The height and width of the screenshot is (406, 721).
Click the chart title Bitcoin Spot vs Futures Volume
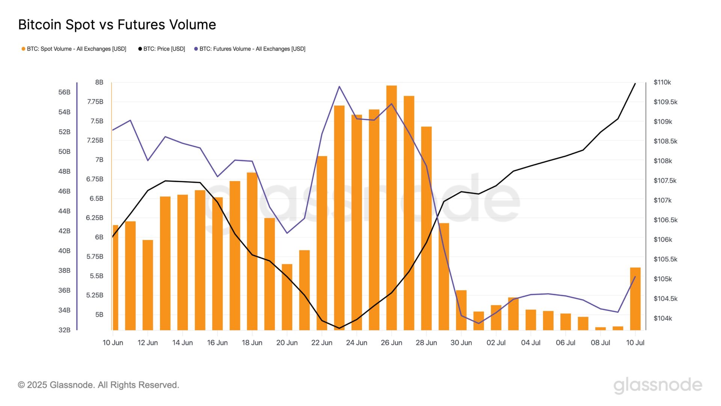click(x=117, y=25)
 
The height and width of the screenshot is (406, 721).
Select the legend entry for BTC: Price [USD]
click(x=162, y=49)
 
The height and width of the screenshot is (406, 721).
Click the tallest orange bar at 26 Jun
click(x=391, y=207)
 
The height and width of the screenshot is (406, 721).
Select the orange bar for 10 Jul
click(x=635, y=299)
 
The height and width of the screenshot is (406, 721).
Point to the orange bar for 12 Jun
click(x=148, y=285)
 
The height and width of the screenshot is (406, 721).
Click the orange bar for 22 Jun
click(x=322, y=243)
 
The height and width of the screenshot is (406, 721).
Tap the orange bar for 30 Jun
click(x=461, y=310)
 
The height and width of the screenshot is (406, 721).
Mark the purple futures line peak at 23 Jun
click(x=339, y=86)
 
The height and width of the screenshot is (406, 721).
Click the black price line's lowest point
click(x=339, y=328)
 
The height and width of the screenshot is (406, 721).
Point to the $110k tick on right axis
click(x=662, y=82)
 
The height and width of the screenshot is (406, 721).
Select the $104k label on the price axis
click(x=662, y=318)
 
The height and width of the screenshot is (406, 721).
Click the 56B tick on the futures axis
click(x=64, y=92)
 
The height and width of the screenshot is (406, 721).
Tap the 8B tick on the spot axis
click(x=99, y=82)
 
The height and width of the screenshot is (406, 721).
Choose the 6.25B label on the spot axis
click(x=94, y=218)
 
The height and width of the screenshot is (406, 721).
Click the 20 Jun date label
click(x=287, y=343)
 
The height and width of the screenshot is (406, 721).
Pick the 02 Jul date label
click(x=496, y=343)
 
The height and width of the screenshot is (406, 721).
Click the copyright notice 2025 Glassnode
click(x=98, y=385)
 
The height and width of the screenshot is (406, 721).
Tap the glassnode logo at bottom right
click(x=658, y=385)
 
